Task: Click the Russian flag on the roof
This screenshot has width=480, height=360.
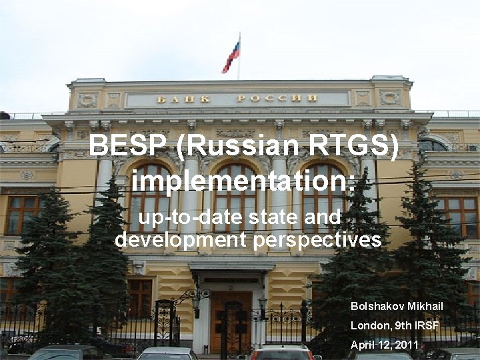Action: click(x=231, y=56)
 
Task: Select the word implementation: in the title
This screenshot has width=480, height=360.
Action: click(x=243, y=181)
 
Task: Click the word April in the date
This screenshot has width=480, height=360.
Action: click(x=364, y=345)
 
